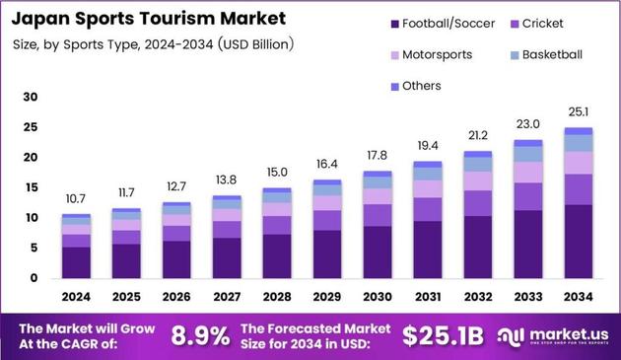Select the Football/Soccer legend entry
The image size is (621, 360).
point(449,23)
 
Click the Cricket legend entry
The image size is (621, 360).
point(543,23)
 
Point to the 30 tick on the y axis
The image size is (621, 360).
point(31,97)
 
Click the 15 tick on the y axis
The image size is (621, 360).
point(31,187)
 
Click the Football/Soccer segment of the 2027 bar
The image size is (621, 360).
point(227,257)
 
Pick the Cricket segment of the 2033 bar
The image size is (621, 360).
point(527,196)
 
